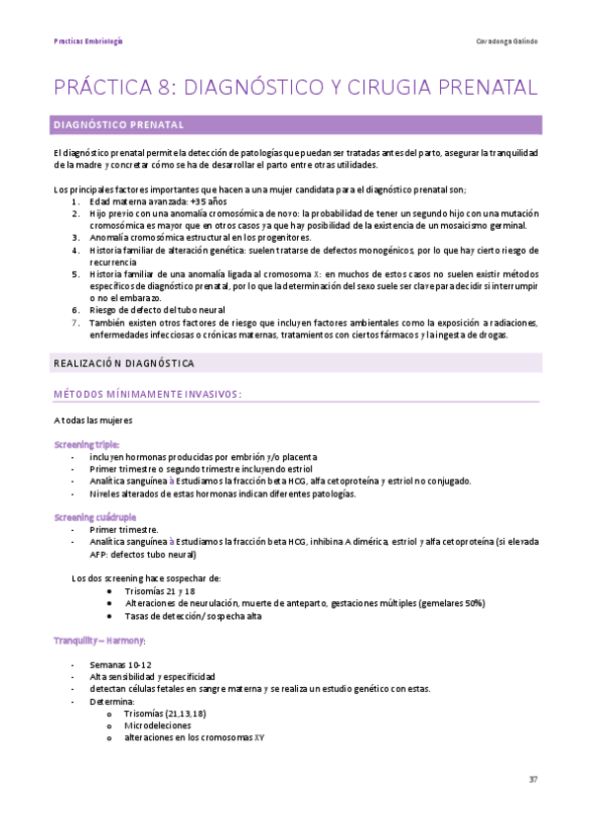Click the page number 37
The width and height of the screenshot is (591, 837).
tap(533, 780)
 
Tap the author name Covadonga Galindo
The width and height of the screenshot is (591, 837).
tap(506, 41)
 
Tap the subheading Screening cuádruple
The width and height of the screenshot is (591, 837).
tap(95, 517)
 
